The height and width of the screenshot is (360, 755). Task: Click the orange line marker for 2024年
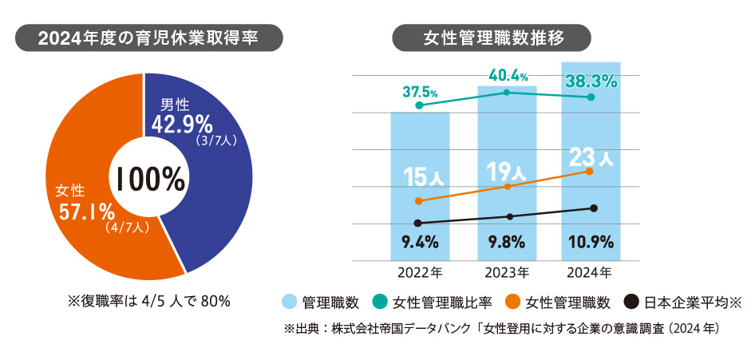[590, 171]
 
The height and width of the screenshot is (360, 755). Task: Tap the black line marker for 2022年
[420, 223]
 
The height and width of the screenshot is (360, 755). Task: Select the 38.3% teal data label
[591, 81]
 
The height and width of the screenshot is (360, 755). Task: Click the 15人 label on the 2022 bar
[420, 175]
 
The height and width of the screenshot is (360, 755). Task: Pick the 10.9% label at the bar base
[591, 240]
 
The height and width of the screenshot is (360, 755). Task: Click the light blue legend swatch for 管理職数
[291, 303]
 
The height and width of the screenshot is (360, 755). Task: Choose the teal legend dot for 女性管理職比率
[380, 303]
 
